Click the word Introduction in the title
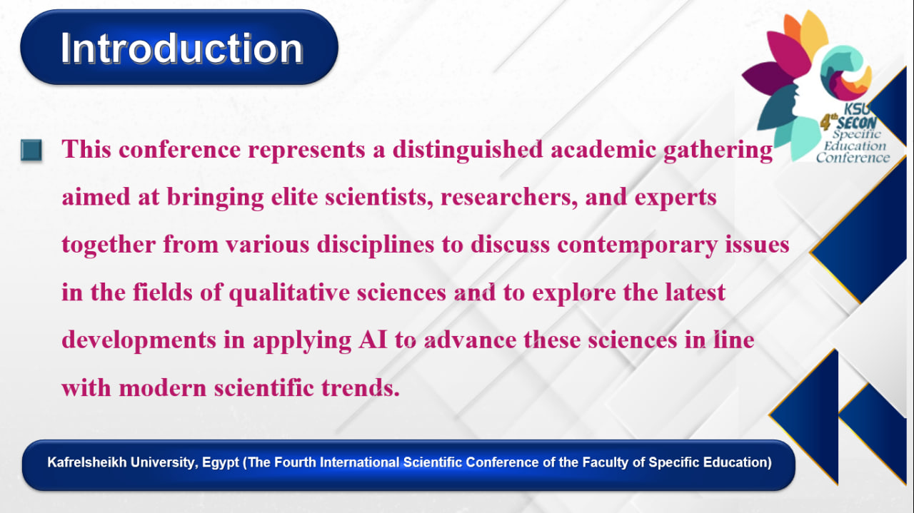(182, 49)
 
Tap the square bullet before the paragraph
(31, 150)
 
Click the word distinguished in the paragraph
(468, 149)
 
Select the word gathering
(718, 149)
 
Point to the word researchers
(509, 198)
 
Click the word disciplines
(376, 245)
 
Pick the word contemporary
(637, 245)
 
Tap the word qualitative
(289, 293)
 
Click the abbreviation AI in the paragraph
(373, 340)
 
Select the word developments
(139, 340)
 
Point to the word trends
(361, 387)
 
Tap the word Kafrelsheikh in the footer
(87, 462)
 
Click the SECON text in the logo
(856, 123)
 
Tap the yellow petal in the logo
(813, 33)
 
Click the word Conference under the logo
(853, 158)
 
